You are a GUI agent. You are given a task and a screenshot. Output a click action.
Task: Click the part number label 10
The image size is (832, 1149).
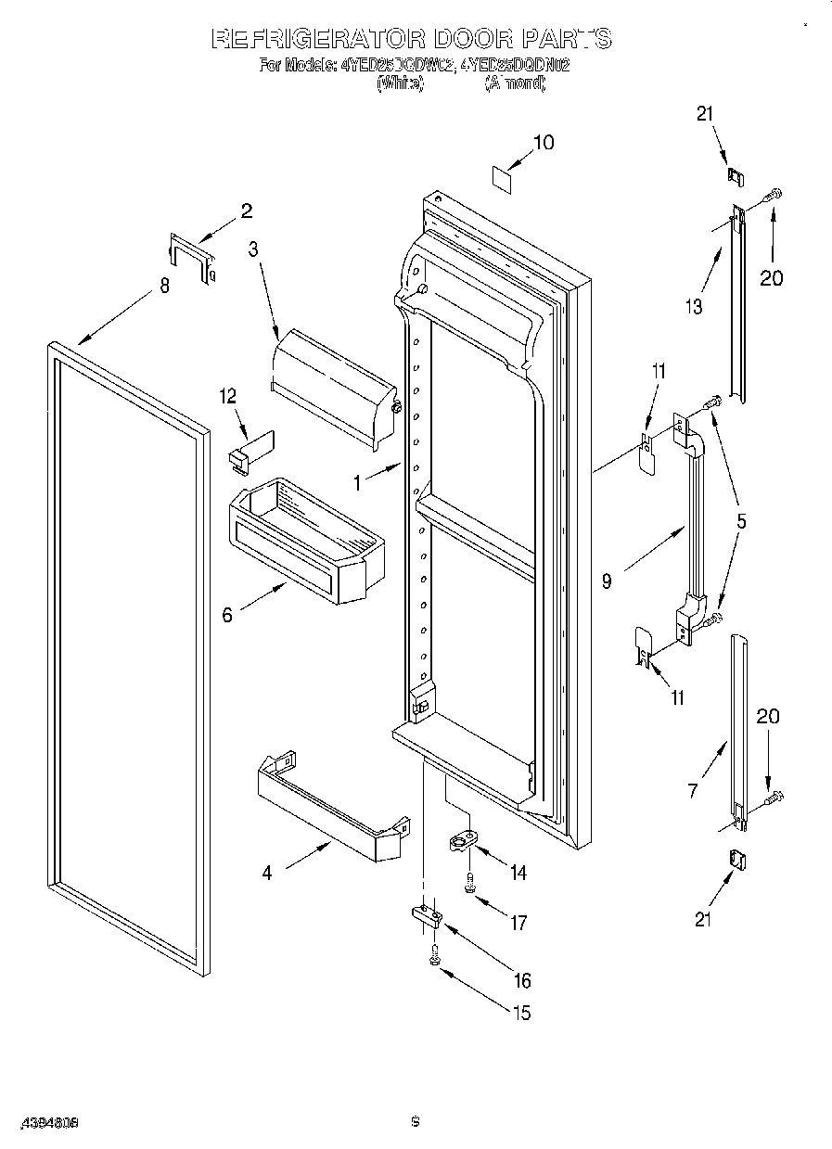[543, 142]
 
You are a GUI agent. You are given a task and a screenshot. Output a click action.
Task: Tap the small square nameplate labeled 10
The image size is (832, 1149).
[502, 178]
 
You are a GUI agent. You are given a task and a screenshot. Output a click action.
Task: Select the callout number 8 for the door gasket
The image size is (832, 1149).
[164, 286]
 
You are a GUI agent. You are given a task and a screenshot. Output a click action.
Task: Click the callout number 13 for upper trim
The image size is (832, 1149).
[694, 307]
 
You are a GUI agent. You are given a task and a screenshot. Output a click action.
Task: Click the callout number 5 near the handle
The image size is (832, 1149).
[740, 521]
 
